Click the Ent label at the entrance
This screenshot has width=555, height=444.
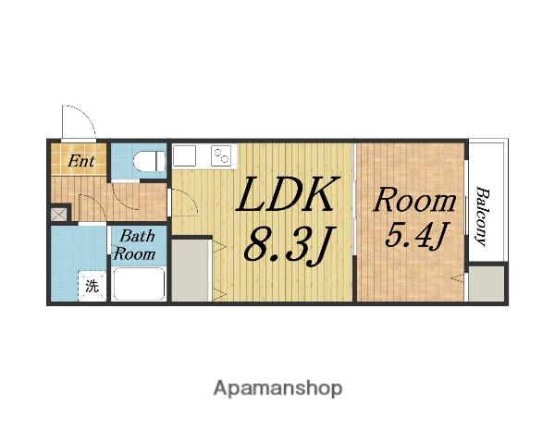click(x=81, y=161)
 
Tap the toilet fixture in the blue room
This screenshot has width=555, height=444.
click(x=149, y=161)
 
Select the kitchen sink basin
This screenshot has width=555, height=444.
click(x=184, y=155)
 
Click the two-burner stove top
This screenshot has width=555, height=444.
click(x=221, y=155)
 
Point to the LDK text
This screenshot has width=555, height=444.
click(x=285, y=194)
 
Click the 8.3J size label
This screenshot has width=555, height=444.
click(x=288, y=245)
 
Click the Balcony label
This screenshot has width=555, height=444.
click(x=482, y=216)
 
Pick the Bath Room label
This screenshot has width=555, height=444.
click(x=134, y=245)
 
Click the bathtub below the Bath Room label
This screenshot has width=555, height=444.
click(x=139, y=284)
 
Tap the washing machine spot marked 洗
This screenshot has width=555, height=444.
click(x=92, y=286)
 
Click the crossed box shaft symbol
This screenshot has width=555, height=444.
click(x=58, y=214)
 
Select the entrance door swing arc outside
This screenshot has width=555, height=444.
click(x=85, y=114)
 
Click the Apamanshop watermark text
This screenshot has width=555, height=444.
click(x=277, y=388)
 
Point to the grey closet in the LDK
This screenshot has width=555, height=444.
click(x=191, y=270)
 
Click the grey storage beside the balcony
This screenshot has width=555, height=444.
click(x=487, y=284)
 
